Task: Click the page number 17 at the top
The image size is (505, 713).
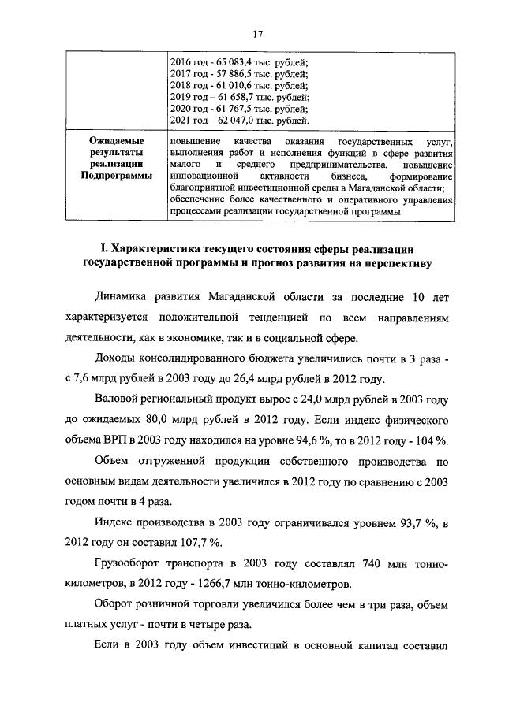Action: pyautogui.click(x=256, y=34)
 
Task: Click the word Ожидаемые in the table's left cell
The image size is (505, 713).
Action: pyautogui.click(x=115, y=140)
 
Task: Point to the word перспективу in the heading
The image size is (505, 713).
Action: pyautogui.click(x=392, y=264)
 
